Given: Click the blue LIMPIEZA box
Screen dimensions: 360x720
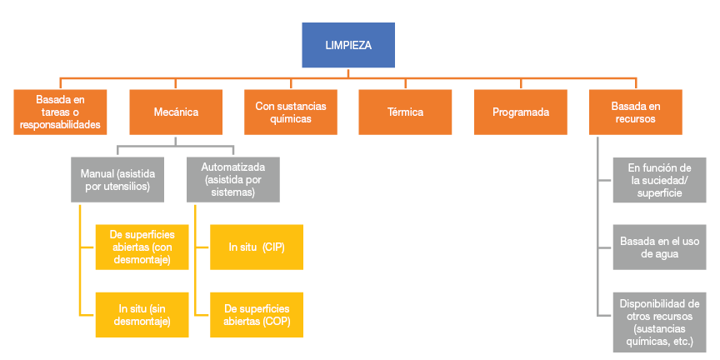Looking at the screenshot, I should (x=348, y=45).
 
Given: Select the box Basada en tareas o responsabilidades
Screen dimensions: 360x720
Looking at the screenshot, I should (x=60, y=112).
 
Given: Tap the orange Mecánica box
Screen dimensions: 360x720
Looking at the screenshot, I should (x=176, y=112).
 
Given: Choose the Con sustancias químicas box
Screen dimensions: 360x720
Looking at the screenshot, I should (x=291, y=112).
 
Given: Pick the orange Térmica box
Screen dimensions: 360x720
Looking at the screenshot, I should (x=405, y=112).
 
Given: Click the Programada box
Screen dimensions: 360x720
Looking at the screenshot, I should (x=520, y=112).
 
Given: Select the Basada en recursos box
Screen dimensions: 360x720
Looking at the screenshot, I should (x=635, y=112).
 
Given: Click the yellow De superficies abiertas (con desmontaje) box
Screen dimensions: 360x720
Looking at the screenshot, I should (x=141, y=247).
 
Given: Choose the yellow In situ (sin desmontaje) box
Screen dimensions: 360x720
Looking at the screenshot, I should (x=141, y=315).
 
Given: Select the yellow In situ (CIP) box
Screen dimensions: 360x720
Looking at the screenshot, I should (x=256, y=247).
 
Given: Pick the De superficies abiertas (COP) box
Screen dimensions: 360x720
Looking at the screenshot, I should (x=256, y=315).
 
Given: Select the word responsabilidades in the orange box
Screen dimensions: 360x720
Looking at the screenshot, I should (x=60, y=124).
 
